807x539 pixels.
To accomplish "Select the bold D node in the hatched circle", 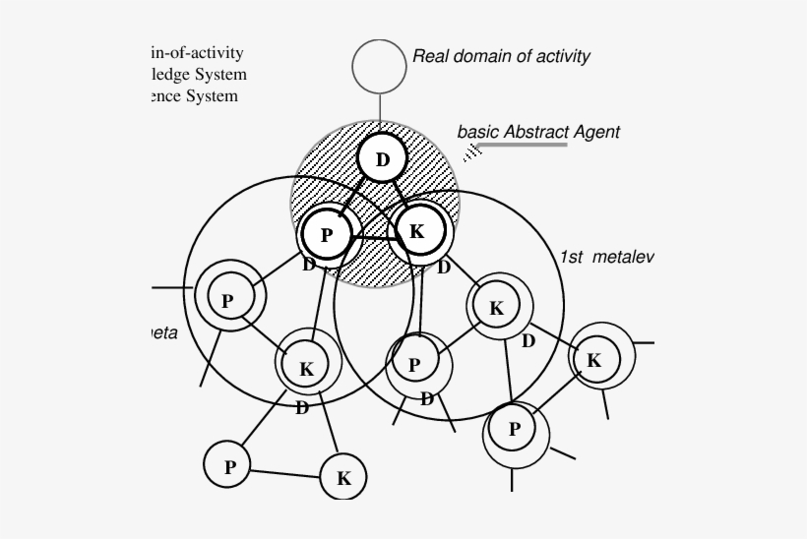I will (383, 159).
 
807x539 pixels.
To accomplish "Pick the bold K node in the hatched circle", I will (416, 232).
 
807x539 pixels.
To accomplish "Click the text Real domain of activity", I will (501, 56).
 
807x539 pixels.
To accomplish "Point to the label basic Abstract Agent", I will (538, 131).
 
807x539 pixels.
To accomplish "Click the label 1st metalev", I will (606, 257).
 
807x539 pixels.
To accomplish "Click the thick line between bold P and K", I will (372, 237).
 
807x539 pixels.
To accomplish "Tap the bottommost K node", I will (343, 479).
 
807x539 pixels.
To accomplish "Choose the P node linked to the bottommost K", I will (229, 466).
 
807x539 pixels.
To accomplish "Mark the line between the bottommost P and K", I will (286, 473).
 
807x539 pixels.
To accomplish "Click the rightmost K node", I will (593, 360).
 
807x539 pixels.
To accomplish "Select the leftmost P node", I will (227, 300).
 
